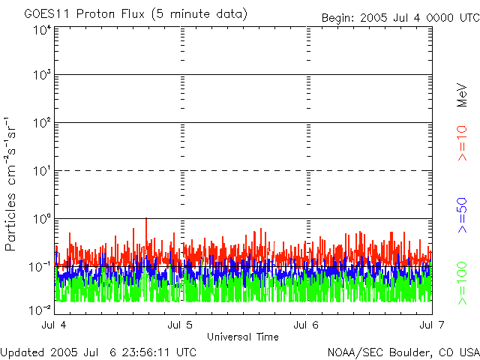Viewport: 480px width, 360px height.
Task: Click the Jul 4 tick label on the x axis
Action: point(55,325)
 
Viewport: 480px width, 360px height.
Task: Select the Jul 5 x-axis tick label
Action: point(181,325)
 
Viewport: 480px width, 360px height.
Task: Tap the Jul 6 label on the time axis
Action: point(307,325)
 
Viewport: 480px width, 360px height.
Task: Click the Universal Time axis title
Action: point(243,337)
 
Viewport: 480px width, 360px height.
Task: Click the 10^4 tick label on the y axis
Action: point(42,30)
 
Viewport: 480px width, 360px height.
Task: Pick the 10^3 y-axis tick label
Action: point(42,76)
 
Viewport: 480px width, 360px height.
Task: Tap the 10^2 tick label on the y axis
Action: point(42,123)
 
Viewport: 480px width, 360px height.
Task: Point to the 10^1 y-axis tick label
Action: point(42,171)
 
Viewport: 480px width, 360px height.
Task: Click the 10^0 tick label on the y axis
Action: point(42,219)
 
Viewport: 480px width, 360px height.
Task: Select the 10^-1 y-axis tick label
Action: point(42,266)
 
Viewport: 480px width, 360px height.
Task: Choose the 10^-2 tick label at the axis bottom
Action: point(42,309)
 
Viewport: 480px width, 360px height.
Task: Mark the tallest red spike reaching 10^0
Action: point(145,220)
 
